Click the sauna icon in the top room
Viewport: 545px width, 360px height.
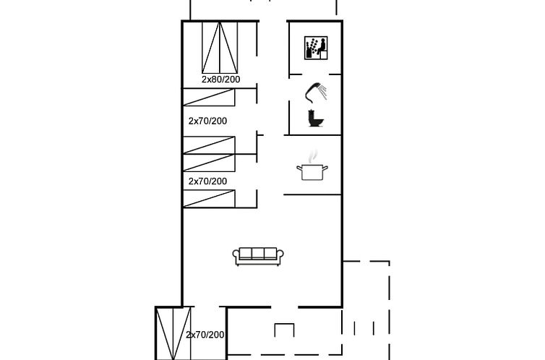point(316,48)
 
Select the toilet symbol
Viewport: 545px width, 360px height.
point(315,119)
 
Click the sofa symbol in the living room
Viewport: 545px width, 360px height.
point(259,256)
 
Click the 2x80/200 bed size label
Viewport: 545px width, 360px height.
point(220,80)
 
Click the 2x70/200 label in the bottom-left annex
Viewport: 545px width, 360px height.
point(205,335)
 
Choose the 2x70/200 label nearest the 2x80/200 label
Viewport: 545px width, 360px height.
point(207,121)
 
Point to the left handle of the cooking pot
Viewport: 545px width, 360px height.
point(298,169)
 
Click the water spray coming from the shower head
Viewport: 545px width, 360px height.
point(325,92)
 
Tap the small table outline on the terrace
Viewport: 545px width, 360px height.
point(284,330)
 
